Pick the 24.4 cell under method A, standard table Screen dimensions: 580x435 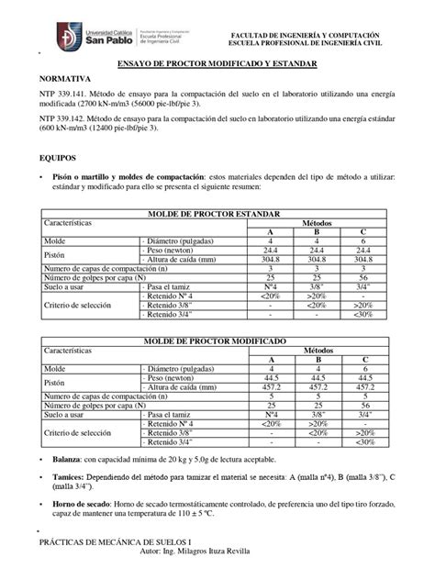(270, 249)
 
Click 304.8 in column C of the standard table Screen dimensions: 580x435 (364, 258)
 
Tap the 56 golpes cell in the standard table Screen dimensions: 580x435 (364, 276)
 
